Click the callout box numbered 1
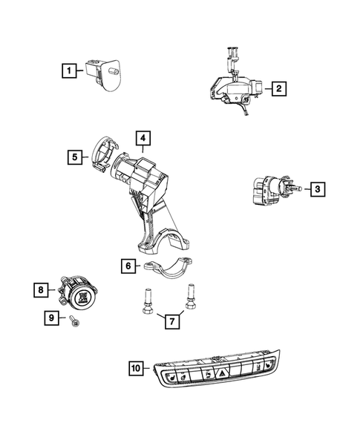coord(68,71)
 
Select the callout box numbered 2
coord(278,90)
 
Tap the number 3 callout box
coord(316,190)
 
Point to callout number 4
coord(143,138)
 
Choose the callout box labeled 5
coord(75,157)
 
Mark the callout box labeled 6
coord(128,265)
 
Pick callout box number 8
coord(43,289)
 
